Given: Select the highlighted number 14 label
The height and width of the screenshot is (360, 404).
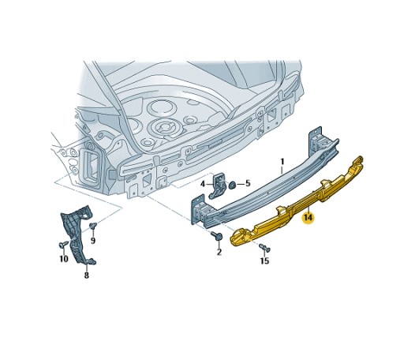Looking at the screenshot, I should [308, 216].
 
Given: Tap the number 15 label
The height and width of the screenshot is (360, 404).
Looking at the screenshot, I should [264, 261].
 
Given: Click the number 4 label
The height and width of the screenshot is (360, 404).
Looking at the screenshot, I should [246, 184].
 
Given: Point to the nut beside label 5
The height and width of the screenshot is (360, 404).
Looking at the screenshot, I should [233, 185].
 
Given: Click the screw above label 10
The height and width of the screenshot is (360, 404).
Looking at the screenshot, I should [63, 244].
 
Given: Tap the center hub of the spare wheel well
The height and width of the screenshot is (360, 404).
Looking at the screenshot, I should [166, 127].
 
